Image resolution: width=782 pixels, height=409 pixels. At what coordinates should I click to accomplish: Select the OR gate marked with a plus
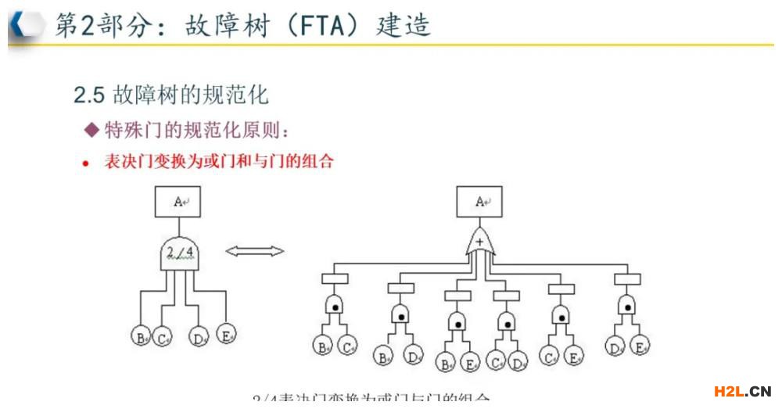point(479,243)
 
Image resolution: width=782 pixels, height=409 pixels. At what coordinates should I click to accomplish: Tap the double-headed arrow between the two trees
point(255,252)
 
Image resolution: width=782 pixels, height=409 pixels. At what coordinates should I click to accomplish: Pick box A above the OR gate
point(479,202)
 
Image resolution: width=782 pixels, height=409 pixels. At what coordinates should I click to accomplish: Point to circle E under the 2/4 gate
point(226,334)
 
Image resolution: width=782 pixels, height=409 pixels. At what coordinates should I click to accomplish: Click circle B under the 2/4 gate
point(141,337)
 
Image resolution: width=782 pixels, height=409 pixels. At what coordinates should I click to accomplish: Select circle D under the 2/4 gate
point(199,338)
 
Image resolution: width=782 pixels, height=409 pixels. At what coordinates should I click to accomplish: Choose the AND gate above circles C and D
point(506,321)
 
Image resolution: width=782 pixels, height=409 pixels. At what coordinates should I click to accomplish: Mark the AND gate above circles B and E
point(457,321)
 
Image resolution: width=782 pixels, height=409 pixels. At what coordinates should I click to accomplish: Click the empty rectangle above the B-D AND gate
point(400,289)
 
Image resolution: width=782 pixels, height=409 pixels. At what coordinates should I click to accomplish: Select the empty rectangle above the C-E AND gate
point(561,289)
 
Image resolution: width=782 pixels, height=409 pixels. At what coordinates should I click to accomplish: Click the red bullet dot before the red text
point(87,163)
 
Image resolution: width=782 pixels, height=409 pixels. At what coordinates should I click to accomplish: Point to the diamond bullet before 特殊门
point(92,129)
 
